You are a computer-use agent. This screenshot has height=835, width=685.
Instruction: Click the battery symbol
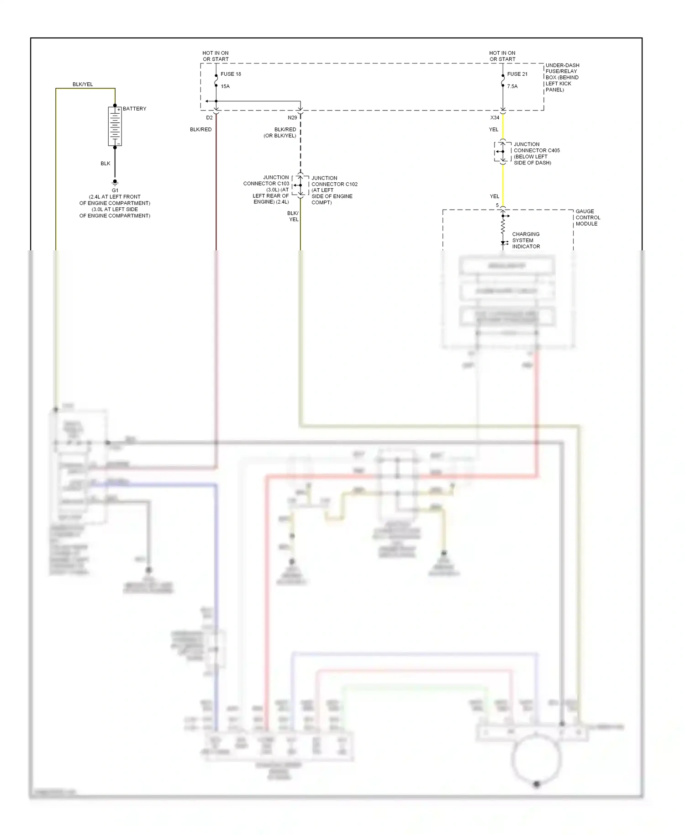coord(115,127)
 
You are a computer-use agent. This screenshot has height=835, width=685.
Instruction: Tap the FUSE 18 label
coord(231,74)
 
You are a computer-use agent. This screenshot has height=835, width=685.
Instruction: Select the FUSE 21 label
coord(517,74)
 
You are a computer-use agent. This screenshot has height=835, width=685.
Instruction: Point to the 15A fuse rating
coord(225,86)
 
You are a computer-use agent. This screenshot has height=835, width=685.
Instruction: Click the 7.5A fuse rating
coord(512,86)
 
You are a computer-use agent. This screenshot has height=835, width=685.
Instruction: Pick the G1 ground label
coord(115,190)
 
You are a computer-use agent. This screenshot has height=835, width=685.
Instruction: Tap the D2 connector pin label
coord(209,118)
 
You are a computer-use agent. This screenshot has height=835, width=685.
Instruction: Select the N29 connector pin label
coord(292,118)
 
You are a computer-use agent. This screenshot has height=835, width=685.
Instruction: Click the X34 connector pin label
coord(495,118)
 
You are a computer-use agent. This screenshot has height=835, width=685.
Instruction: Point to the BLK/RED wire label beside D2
coord(201,130)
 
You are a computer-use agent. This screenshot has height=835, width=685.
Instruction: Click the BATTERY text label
coord(134,109)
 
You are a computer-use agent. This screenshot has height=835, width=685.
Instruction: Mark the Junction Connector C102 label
coord(334,190)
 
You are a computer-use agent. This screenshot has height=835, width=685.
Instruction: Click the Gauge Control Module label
coord(588,217)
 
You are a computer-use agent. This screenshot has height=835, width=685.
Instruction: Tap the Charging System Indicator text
coord(526,240)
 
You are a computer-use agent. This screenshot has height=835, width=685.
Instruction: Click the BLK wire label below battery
coord(105,164)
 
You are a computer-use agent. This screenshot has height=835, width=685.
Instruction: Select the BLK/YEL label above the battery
coord(83,85)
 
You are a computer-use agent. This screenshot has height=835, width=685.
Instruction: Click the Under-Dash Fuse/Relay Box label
coord(562,77)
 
